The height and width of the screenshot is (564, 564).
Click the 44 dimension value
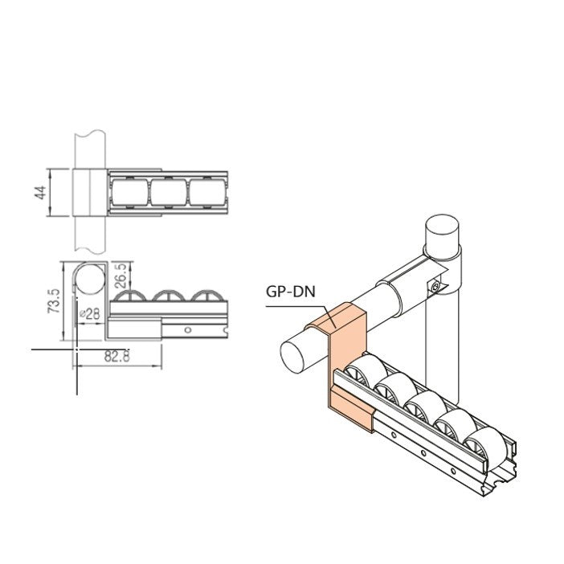point(39,193)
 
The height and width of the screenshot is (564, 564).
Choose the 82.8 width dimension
point(119,358)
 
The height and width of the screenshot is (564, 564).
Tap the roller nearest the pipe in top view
point(129,193)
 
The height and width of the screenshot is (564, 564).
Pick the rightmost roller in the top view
point(208,193)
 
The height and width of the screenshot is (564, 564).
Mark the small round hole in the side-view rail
point(187,329)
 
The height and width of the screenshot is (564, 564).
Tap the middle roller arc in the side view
point(170,296)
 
